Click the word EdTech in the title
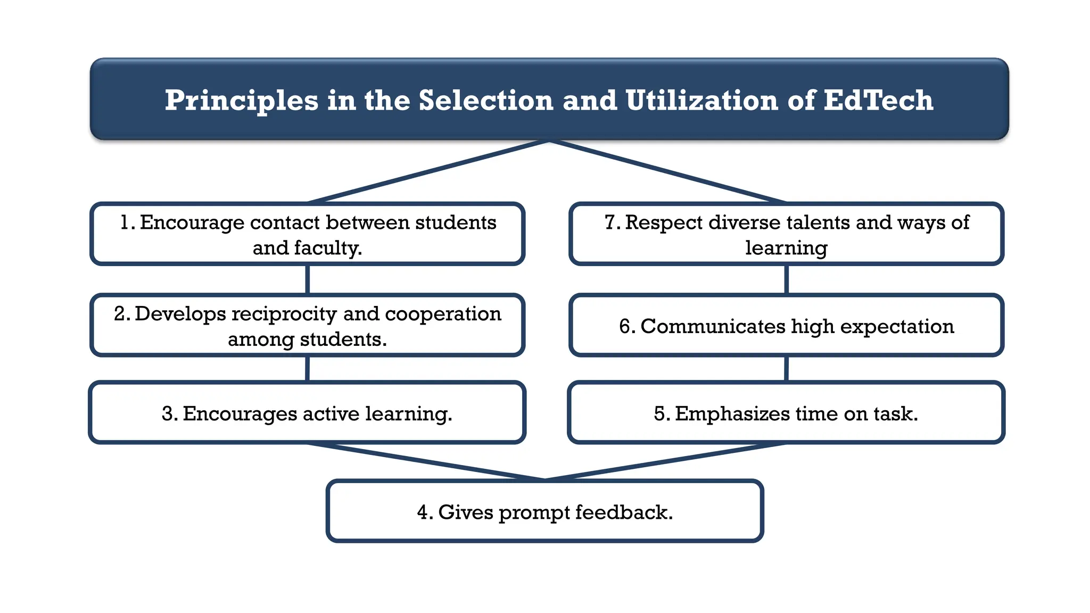(x=878, y=100)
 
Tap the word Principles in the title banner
(x=241, y=101)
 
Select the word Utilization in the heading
(x=701, y=100)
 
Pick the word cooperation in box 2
(x=443, y=314)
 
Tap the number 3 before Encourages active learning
(x=168, y=413)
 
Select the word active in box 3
(x=331, y=413)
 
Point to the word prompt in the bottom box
(x=534, y=513)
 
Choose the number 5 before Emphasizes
(x=660, y=413)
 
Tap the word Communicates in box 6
(x=713, y=326)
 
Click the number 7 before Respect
(x=611, y=222)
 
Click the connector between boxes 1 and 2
(x=308, y=279)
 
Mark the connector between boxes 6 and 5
(x=786, y=368)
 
